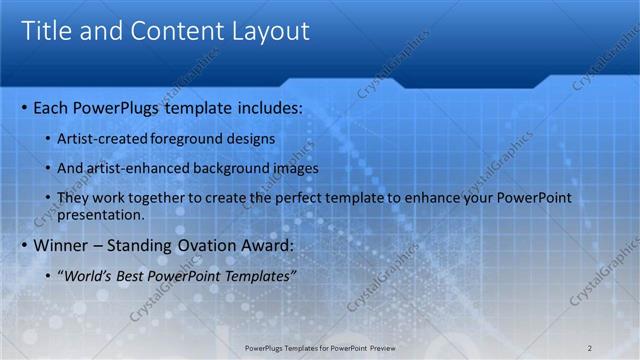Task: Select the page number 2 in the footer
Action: point(589,347)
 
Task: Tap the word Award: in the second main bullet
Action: point(265,246)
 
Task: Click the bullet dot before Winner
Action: point(24,246)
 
